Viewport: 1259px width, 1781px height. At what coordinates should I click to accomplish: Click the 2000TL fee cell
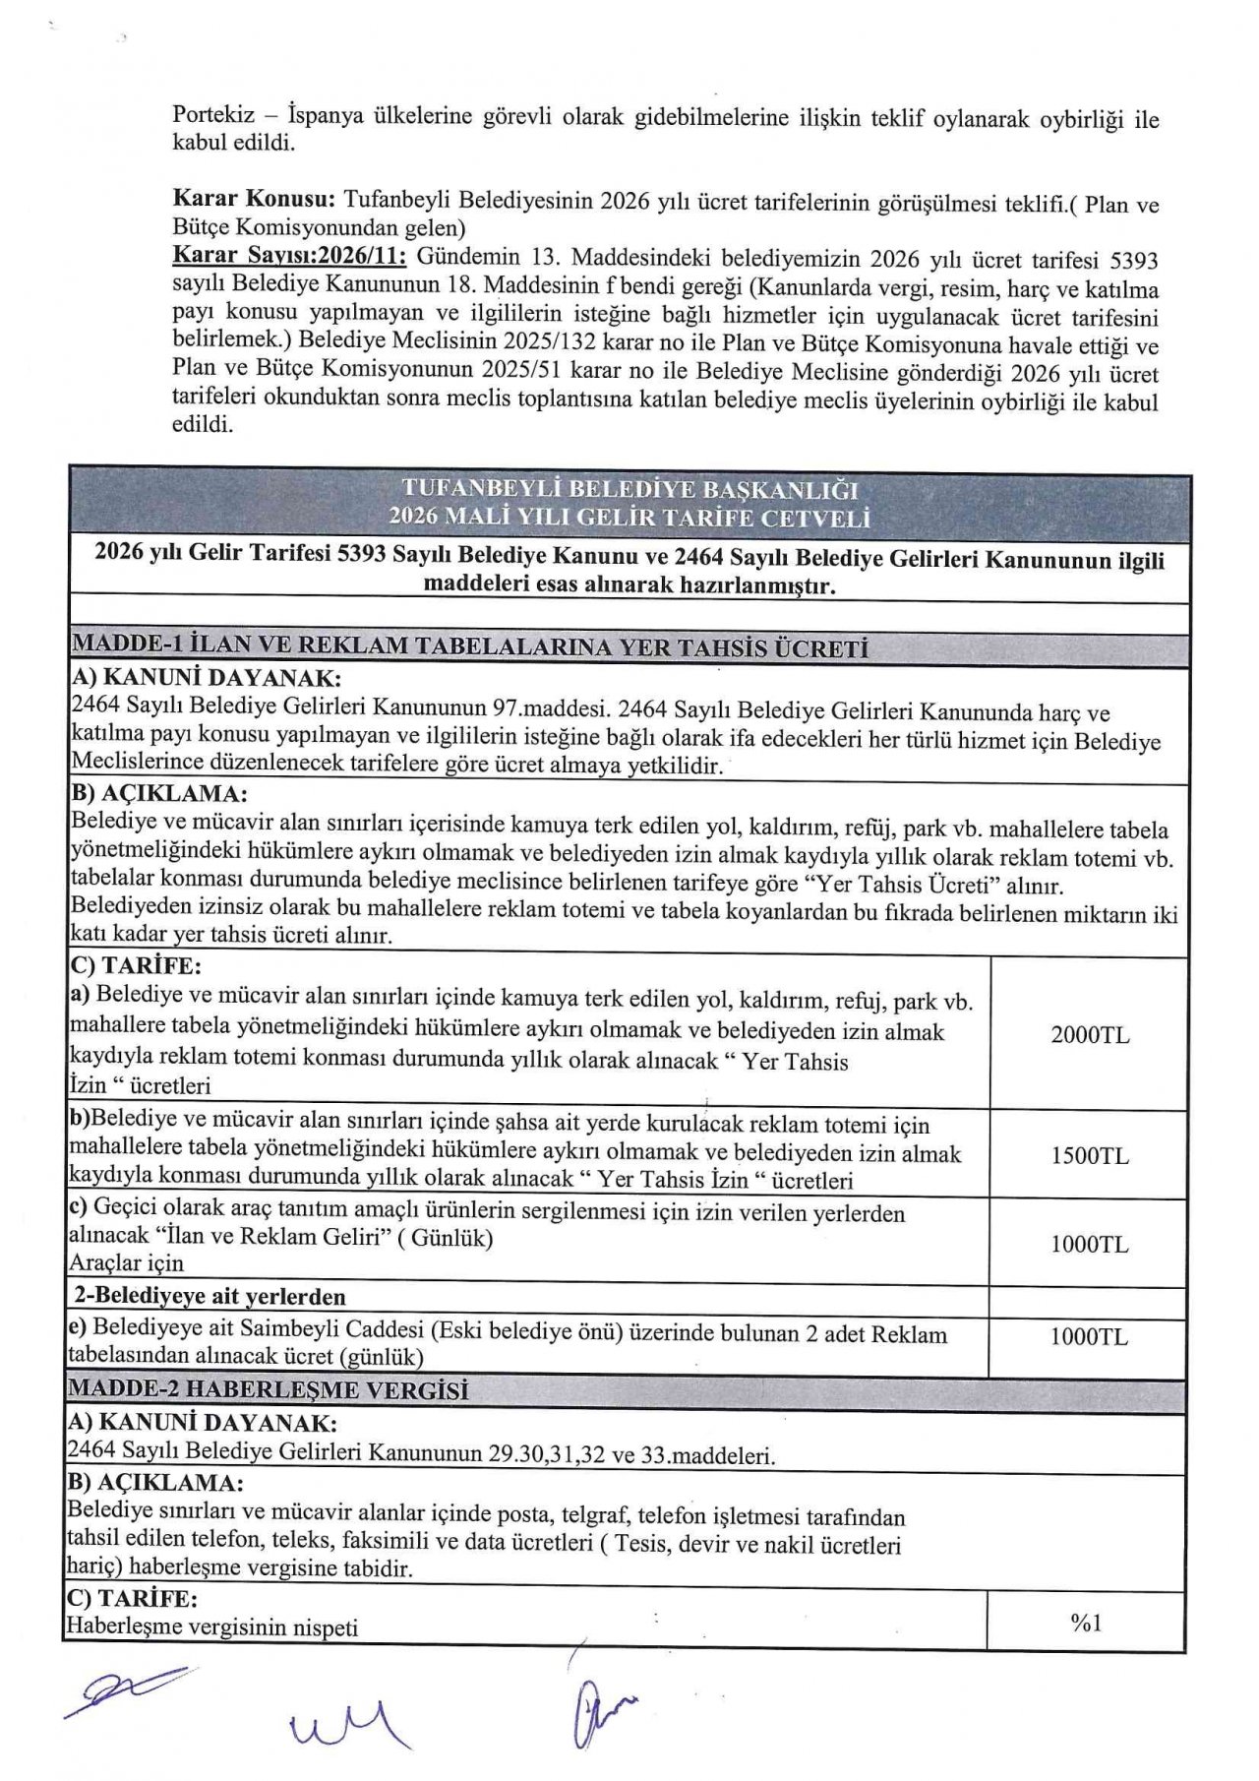tap(1089, 1034)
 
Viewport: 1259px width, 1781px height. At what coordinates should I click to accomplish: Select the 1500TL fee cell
tap(1089, 1155)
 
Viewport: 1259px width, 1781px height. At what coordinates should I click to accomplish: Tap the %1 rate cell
tap(1086, 1623)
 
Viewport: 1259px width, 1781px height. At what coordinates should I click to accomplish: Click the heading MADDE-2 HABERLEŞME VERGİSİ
tap(268, 1390)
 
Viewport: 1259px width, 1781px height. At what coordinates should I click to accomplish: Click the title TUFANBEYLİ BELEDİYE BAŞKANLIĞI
tap(629, 489)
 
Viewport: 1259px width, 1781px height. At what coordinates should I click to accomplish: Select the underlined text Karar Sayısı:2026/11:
tap(292, 257)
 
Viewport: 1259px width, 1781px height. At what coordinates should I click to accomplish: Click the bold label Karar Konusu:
tap(254, 201)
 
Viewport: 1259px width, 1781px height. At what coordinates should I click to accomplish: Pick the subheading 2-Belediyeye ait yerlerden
tap(210, 1296)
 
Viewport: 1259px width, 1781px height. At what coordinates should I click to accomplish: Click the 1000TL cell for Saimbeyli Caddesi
tap(1089, 1336)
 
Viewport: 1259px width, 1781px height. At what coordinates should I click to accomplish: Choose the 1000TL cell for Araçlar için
tap(1089, 1244)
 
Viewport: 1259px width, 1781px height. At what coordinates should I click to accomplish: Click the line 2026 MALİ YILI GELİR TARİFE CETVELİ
tap(629, 518)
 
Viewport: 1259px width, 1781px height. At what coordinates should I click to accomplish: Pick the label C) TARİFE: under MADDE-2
tap(132, 1598)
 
